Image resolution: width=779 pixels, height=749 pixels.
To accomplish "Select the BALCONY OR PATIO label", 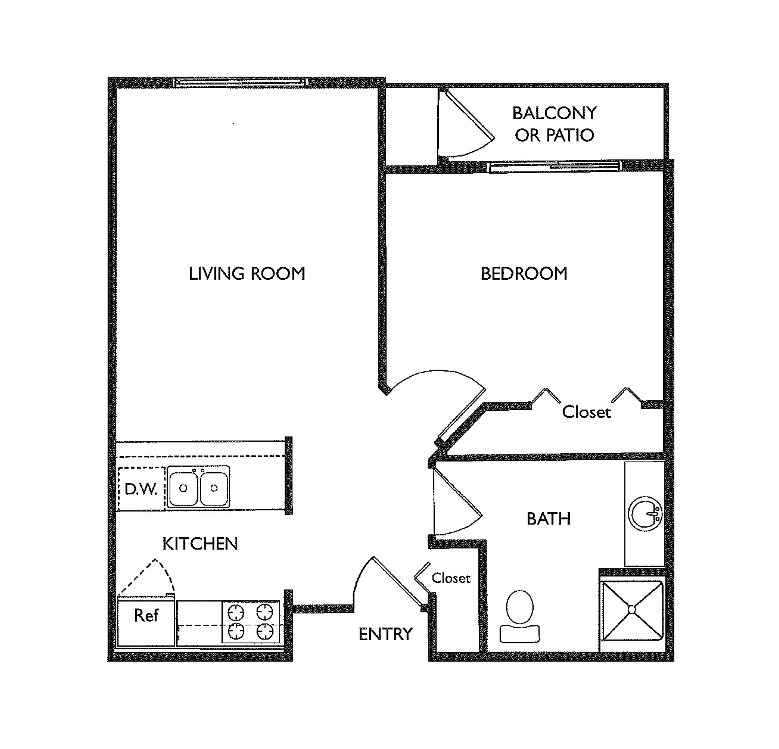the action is (554, 124).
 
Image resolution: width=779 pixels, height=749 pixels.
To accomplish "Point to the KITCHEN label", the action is (200, 543).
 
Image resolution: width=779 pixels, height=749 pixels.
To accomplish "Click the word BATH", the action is (548, 519).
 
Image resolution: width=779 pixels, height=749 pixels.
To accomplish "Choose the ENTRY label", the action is (385, 634).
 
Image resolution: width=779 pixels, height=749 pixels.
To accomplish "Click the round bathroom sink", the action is (646, 513).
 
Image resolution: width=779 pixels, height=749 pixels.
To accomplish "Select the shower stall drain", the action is (632, 609).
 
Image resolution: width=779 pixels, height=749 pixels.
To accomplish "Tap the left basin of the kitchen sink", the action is (183, 488).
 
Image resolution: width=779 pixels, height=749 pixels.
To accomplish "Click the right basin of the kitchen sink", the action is (214, 488).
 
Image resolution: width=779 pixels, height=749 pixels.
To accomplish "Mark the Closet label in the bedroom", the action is (586, 412).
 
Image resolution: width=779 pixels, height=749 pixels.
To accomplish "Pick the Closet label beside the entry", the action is (451, 578).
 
